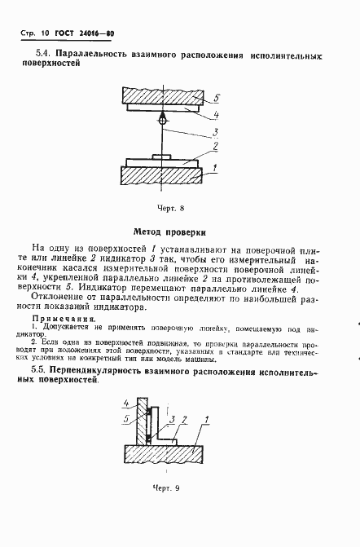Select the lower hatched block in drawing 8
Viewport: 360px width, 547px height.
pyautogui.click(x=163, y=174)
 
